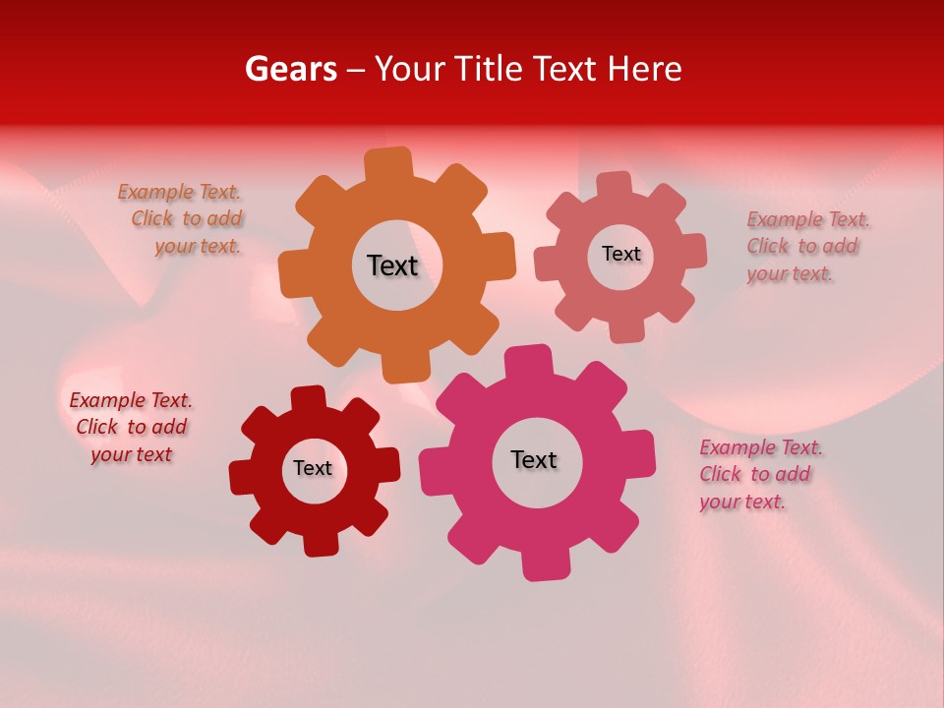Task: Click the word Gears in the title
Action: [x=290, y=69]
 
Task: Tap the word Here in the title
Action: [x=644, y=69]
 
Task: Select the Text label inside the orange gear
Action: [x=392, y=265]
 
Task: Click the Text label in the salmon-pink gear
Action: [x=620, y=254]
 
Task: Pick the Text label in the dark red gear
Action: [x=313, y=468]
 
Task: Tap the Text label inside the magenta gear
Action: [x=534, y=459]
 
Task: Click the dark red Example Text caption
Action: [x=131, y=427]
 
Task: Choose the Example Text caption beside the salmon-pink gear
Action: [x=803, y=246]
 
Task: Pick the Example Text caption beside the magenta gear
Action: [x=757, y=474]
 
